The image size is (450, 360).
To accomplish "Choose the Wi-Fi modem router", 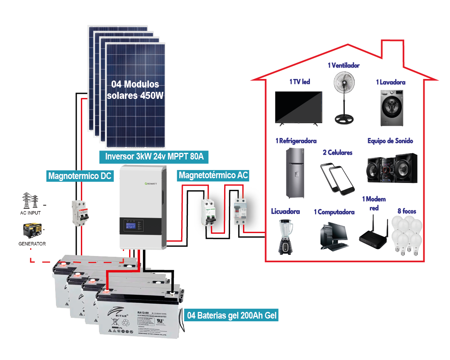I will pos(374,236).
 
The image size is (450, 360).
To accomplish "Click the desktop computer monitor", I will pos(337,231).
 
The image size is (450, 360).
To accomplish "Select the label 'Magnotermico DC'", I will pos(80,176).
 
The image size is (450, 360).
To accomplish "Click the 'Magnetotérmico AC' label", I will pos(213,175).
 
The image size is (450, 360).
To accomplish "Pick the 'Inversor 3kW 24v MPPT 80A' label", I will pos(154,157).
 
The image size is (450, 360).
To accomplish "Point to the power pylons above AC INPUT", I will pos(30,201).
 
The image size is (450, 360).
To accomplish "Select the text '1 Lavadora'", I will pos(391,82).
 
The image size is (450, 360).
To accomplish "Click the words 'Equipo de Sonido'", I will pos(390,141).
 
